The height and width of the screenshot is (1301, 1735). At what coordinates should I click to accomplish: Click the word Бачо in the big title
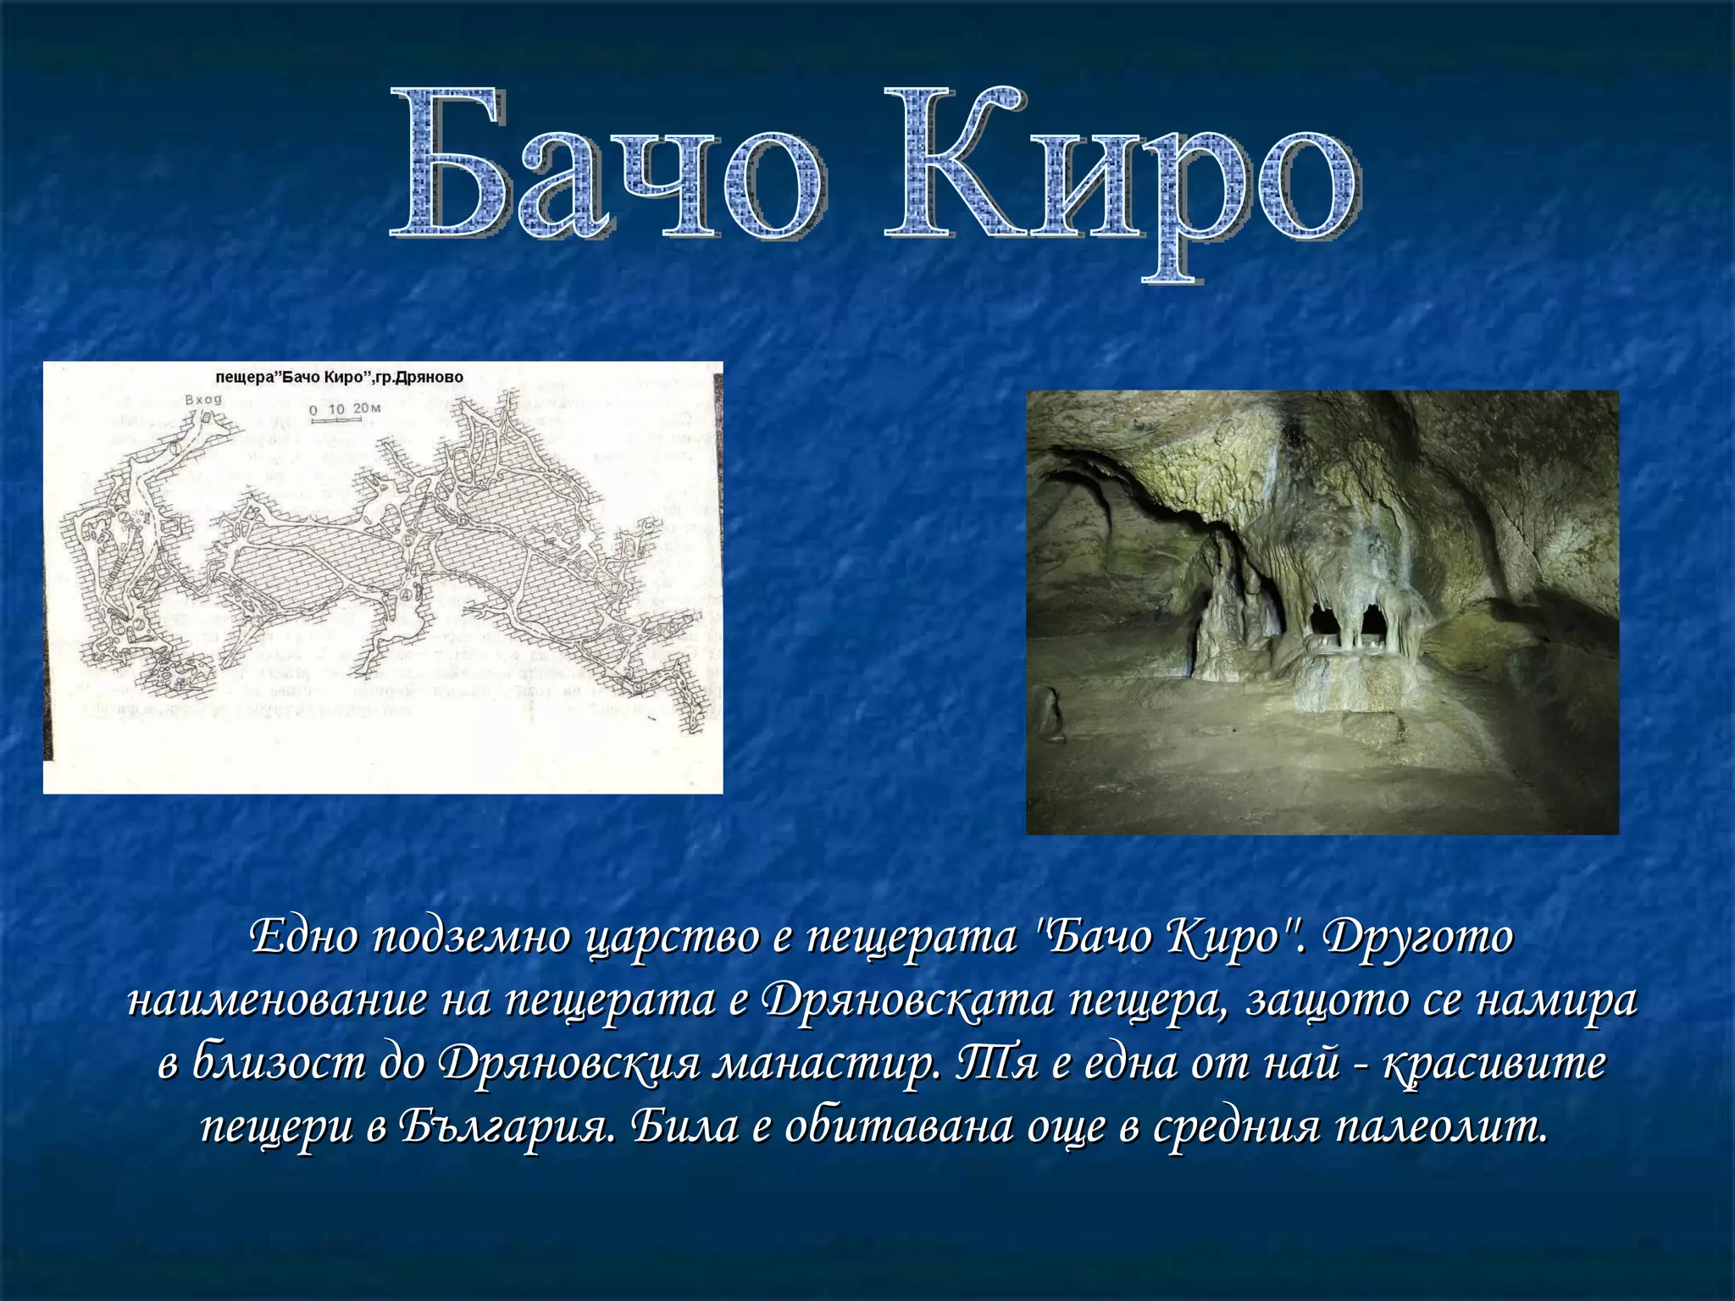[x=606, y=165]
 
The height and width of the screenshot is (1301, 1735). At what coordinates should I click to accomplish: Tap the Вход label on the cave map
[x=203, y=399]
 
